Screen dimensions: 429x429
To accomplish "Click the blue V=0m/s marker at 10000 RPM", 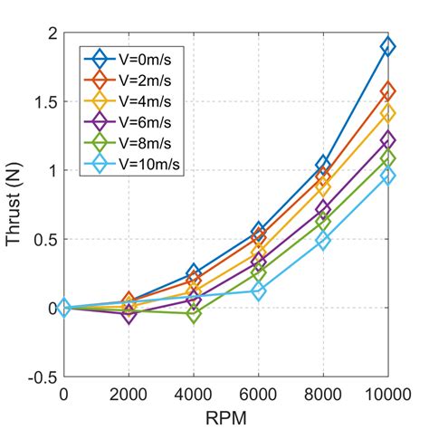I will point(388,47).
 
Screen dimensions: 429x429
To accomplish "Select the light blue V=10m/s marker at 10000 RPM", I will point(388,176).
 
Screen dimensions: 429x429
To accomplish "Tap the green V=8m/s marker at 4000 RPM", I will point(194,313).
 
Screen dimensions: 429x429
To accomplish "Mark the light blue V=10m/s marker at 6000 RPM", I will point(259,291).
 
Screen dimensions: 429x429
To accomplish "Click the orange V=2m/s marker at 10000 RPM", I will point(388,91).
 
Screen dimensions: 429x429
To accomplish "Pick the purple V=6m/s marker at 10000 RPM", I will point(388,140).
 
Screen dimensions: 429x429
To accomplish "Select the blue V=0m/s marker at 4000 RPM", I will point(194,273).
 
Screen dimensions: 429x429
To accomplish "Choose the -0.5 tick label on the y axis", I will point(39,377).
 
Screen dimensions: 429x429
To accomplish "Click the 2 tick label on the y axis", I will point(51,33).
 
